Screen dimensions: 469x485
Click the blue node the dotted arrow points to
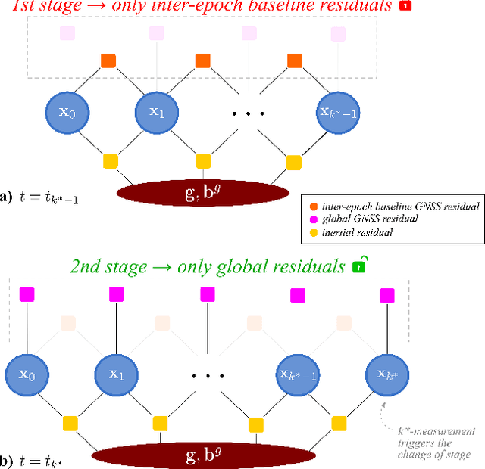tap(387, 373)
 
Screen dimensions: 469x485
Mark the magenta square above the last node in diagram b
tap(388, 293)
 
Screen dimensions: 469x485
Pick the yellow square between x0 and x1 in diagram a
tap(111, 161)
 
